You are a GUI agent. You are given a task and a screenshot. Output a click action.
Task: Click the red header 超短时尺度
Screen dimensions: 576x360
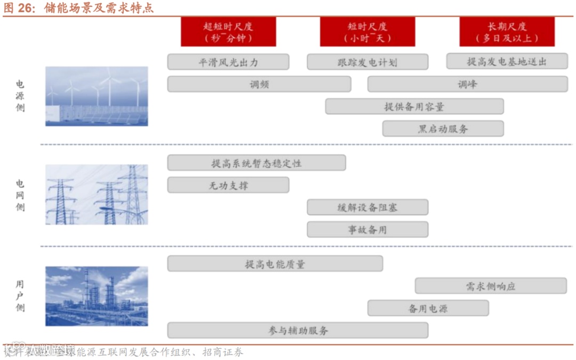(228, 31)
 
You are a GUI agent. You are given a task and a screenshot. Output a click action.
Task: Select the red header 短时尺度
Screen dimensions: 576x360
(367, 31)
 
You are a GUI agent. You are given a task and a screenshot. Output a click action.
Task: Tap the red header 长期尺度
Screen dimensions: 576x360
(507, 31)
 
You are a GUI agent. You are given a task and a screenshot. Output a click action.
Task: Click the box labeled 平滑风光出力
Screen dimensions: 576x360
(228, 62)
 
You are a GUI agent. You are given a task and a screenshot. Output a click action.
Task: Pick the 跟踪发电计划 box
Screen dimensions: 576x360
(367, 62)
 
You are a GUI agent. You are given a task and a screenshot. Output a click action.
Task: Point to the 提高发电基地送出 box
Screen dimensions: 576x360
(507, 62)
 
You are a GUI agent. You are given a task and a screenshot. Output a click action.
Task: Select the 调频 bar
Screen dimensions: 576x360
(259, 84)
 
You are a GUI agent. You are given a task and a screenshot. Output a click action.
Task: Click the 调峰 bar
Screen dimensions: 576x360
(467, 84)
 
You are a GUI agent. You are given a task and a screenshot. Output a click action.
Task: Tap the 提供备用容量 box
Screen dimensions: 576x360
(414, 107)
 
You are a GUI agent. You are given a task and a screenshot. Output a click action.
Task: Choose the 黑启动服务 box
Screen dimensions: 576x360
(443, 129)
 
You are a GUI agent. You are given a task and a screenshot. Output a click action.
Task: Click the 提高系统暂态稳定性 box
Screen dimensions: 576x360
(257, 163)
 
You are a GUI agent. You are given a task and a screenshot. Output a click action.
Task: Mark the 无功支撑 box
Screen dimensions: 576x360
(228, 185)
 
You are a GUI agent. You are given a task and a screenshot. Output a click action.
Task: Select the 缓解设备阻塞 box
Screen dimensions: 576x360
(367, 207)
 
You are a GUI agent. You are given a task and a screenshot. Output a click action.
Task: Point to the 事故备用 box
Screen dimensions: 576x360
(367, 230)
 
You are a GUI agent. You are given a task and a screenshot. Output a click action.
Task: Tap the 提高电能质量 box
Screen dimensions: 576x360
(275, 263)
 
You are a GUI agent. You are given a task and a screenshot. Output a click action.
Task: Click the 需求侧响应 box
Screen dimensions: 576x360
(491, 286)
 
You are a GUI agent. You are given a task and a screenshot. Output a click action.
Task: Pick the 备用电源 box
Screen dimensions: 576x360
(428, 308)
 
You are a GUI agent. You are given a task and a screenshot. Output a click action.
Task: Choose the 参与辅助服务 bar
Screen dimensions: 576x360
(298, 330)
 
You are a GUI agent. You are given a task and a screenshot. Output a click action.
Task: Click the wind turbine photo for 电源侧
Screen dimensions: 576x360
(97, 96)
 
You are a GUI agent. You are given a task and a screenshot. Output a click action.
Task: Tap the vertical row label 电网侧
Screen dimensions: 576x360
(20, 195)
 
